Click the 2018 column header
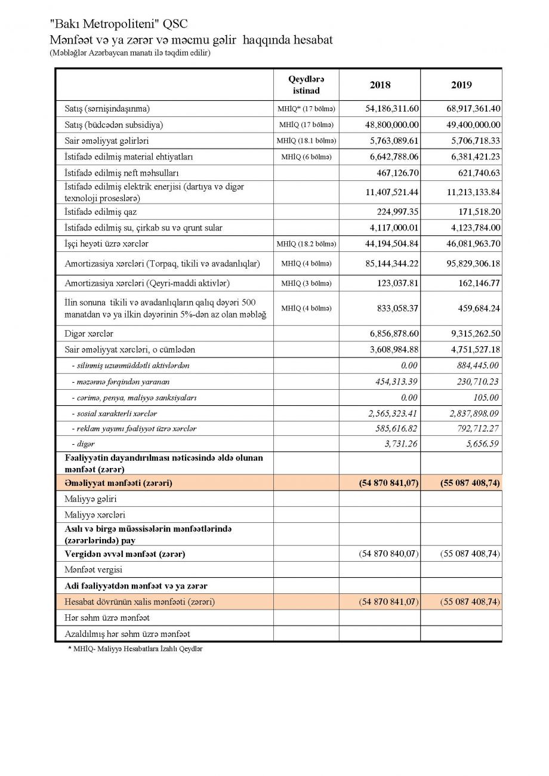click(x=380, y=85)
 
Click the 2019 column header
click(x=461, y=85)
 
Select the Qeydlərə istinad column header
click(x=306, y=85)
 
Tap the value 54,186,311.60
click(x=392, y=109)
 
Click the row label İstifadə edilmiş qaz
click(x=101, y=212)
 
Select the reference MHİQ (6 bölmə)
click(x=306, y=157)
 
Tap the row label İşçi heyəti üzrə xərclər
click(x=107, y=244)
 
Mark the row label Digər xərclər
click(x=89, y=334)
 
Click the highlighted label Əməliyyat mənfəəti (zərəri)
click(x=118, y=482)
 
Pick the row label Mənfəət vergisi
click(x=94, y=570)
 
